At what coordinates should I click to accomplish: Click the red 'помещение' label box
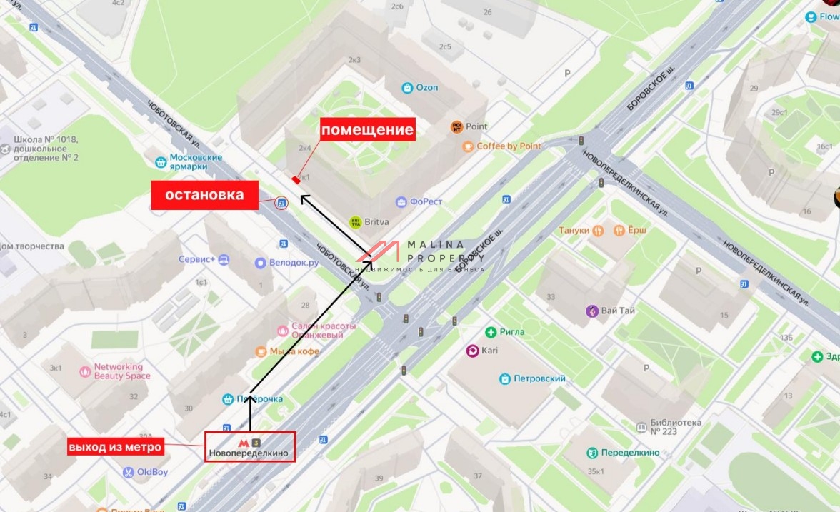[367, 129]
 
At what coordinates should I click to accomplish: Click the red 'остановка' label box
[204, 195]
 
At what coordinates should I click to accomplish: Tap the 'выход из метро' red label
[115, 448]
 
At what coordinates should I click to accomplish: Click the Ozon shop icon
[407, 88]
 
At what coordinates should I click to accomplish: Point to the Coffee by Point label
[509, 146]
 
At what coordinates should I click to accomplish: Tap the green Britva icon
[355, 222]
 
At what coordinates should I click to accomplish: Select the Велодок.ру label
[294, 263]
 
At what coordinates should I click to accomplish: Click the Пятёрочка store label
[260, 399]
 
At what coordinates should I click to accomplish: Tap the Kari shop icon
[471, 351]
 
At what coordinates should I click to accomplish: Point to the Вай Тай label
[618, 311]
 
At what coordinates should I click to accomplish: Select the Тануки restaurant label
[574, 231]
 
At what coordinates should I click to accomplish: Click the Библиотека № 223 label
[676, 427]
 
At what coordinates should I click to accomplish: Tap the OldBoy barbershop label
[151, 472]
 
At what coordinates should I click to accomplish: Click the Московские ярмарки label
[196, 162]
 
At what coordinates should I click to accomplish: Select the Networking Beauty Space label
[122, 371]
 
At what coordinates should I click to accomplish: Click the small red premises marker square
[295, 180]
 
